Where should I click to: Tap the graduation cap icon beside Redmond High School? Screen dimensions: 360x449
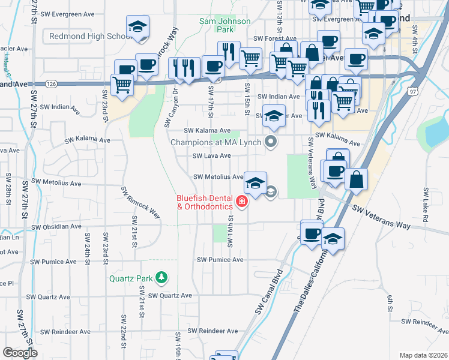click(137, 27)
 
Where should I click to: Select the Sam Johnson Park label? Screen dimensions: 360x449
click(216, 25)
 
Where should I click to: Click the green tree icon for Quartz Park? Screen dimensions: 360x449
click(161, 277)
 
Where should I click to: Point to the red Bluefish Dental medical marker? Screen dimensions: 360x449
click(242, 202)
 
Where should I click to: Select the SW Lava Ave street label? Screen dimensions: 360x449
click(211, 156)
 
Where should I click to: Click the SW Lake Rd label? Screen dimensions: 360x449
click(424, 205)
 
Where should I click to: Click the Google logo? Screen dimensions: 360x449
click(20, 353)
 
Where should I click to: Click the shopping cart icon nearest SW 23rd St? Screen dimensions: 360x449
click(122, 85)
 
